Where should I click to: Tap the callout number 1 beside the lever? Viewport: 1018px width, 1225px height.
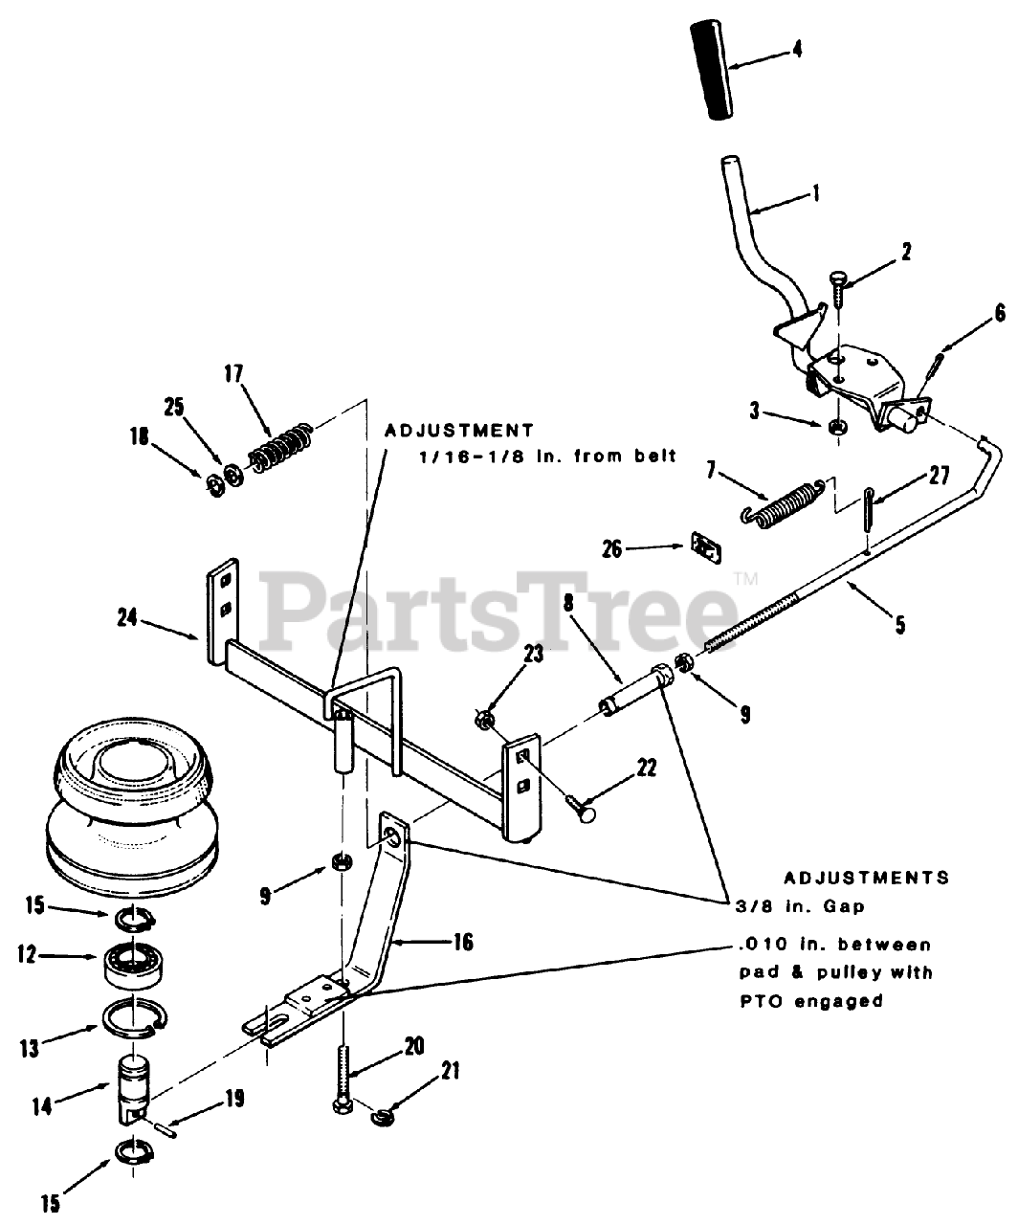click(815, 192)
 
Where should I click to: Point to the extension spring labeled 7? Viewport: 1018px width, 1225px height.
click(783, 501)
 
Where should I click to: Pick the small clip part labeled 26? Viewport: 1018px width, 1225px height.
click(706, 547)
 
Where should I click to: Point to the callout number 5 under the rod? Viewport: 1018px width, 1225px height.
click(899, 627)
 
